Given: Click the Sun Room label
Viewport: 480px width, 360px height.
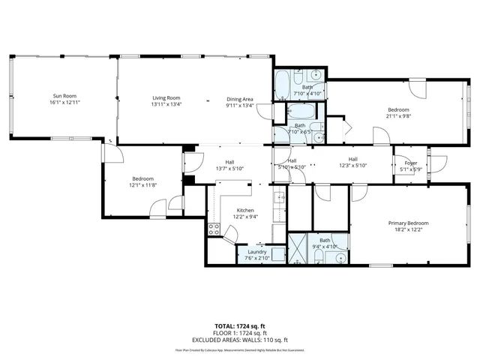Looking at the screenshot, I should tap(64, 97).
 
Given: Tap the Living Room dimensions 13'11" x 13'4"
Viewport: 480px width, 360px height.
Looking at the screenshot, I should tap(166, 104).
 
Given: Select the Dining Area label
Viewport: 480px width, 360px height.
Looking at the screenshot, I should tap(241, 99).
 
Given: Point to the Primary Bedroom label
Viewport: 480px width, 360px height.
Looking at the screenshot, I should tap(408, 223).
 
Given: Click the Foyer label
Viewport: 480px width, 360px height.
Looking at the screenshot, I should tap(411, 163).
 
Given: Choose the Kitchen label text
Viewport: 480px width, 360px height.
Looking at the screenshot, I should tap(245, 210).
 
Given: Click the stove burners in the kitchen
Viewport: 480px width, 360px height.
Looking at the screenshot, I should tap(214, 229).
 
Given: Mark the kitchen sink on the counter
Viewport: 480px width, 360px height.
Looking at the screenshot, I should tap(278, 199).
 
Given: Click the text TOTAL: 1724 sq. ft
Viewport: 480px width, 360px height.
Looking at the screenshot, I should tap(240, 325).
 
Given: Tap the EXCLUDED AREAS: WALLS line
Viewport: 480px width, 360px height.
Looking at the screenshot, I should tap(240, 339).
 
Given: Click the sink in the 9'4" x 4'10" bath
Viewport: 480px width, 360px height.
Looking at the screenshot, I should tap(340, 258).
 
